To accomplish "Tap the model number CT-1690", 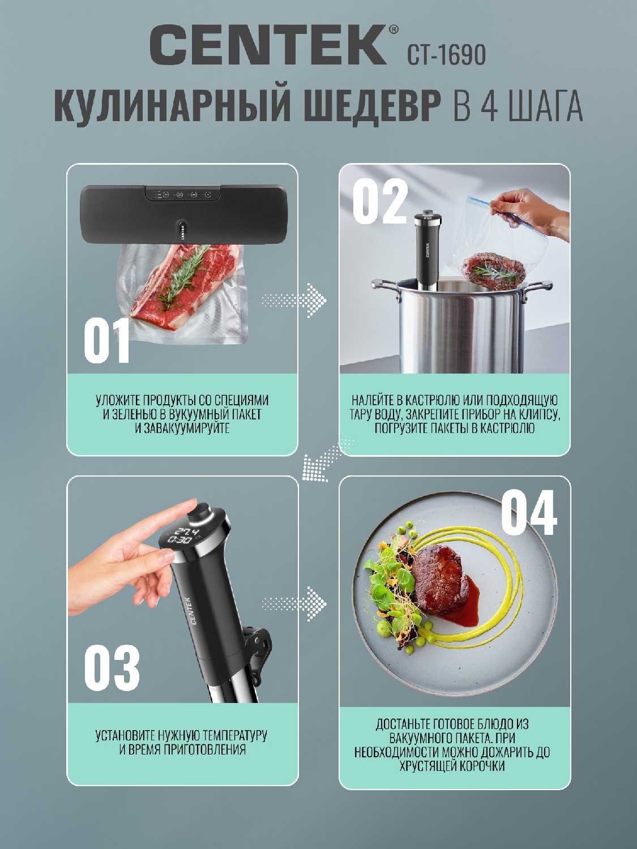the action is (446, 55).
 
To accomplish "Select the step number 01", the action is (106, 341).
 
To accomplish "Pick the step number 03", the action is (112, 667).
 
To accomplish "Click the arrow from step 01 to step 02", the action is (294, 300).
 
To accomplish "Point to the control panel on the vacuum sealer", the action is (183, 194).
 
